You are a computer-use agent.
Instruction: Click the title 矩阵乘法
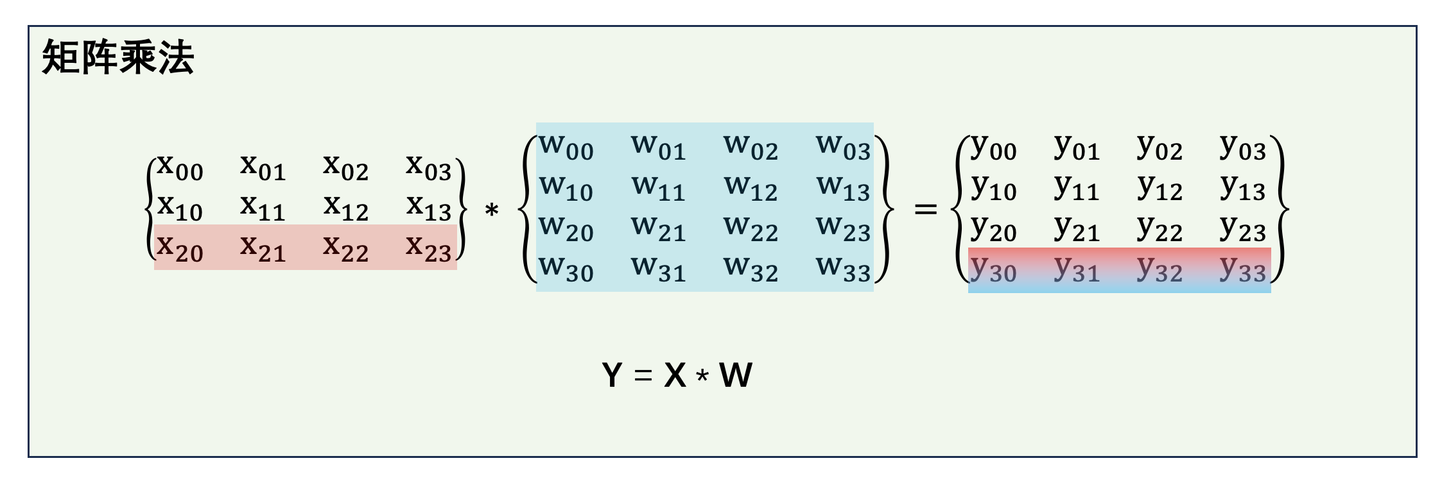(x=118, y=57)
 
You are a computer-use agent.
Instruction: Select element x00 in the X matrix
(x=180, y=167)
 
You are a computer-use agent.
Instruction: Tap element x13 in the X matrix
(x=429, y=207)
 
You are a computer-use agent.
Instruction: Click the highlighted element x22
(x=345, y=248)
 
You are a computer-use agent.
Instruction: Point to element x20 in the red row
(x=180, y=248)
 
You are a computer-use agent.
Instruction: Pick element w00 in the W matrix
(x=566, y=147)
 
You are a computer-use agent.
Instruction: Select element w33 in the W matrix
(x=844, y=268)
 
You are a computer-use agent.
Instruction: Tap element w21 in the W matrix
(x=659, y=228)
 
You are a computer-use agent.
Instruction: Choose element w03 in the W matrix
(x=844, y=147)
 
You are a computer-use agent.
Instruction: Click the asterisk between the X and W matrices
(x=492, y=210)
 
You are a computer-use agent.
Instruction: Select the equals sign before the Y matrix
(x=925, y=208)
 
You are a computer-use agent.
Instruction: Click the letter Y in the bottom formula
(x=612, y=375)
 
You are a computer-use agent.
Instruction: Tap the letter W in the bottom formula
(x=736, y=375)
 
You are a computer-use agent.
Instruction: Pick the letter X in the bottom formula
(x=675, y=375)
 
